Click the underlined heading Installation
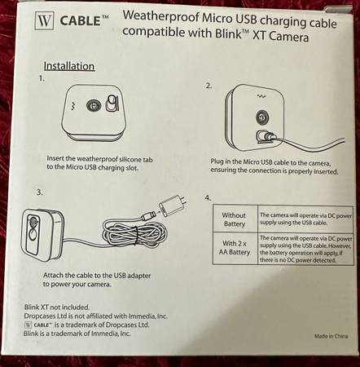pyautogui.click(x=68, y=66)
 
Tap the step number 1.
pyautogui.click(x=42, y=79)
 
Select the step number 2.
pyautogui.click(x=209, y=85)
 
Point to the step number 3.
pyautogui.click(x=40, y=192)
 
